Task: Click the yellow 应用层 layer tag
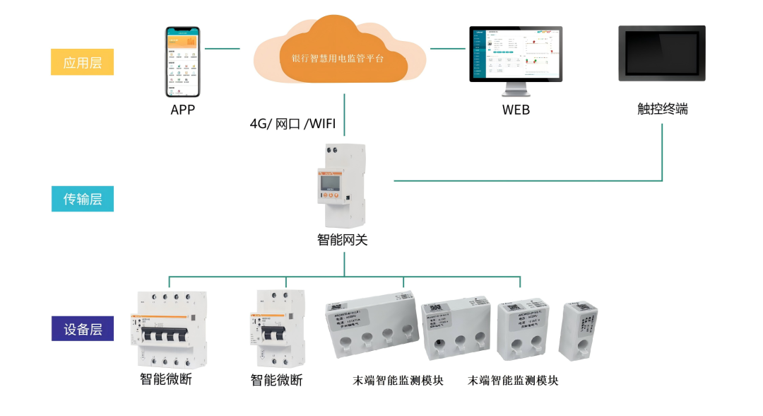[82, 62]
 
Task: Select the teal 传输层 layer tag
[82, 199]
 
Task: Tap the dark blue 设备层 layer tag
[82, 329]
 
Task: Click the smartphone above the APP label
[183, 62]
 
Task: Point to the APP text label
[182, 110]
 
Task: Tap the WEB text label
[516, 110]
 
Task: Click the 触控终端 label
[662, 109]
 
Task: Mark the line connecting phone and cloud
[223, 50]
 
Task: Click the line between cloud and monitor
[448, 50]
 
